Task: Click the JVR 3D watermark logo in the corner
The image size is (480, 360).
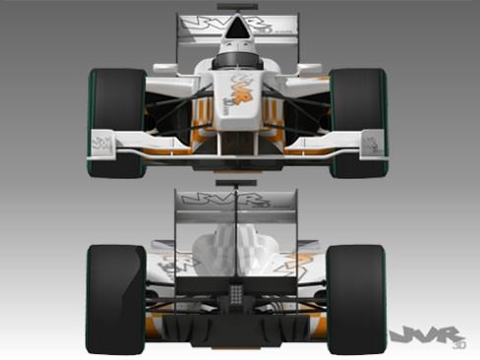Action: [x=425, y=337]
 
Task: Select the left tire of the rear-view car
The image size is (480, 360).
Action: [x=115, y=298]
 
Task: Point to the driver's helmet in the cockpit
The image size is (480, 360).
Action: [x=237, y=59]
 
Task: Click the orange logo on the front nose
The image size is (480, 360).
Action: [x=239, y=93]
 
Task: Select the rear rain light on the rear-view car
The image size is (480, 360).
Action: [x=236, y=292]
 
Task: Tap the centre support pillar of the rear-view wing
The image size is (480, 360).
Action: [x=236, y=221]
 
